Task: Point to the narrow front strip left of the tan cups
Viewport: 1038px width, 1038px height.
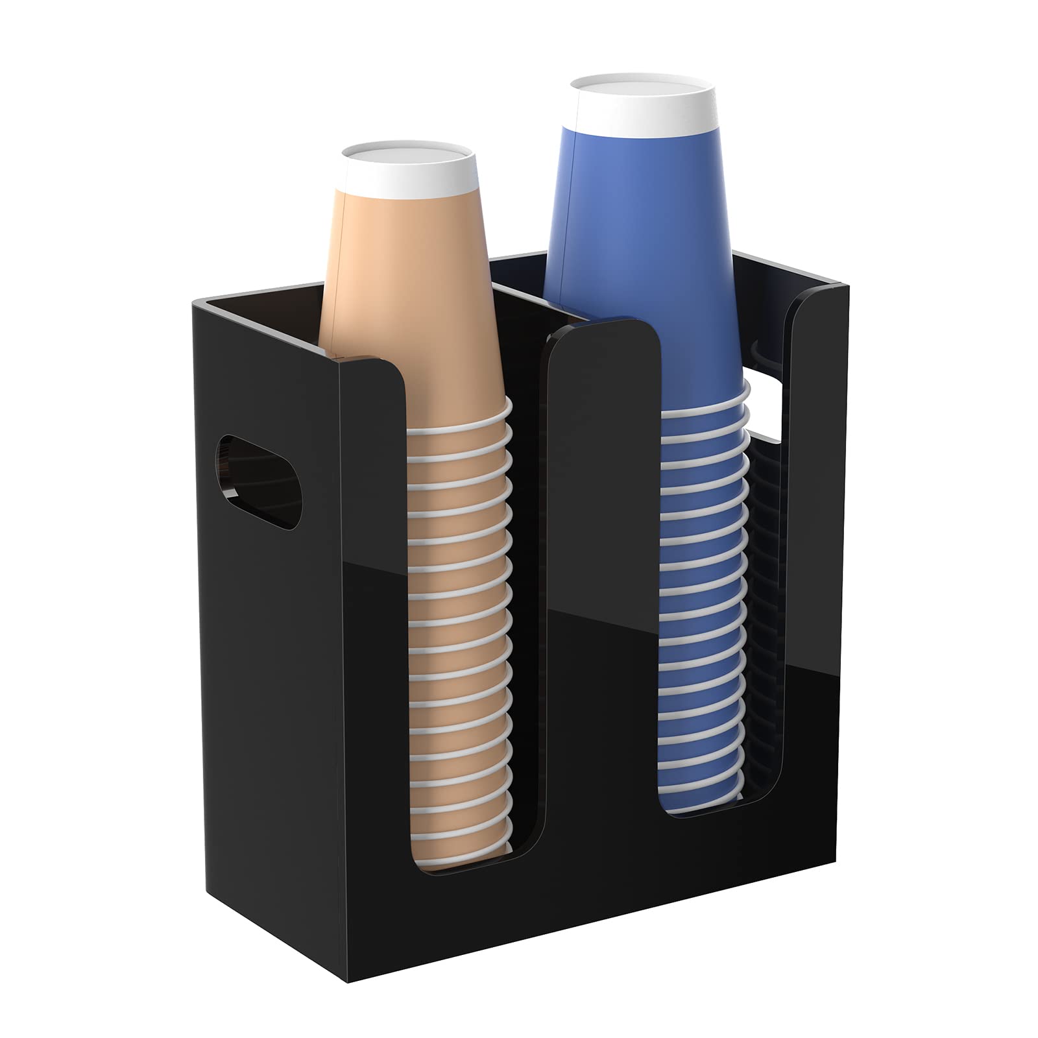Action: coord(373,649)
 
